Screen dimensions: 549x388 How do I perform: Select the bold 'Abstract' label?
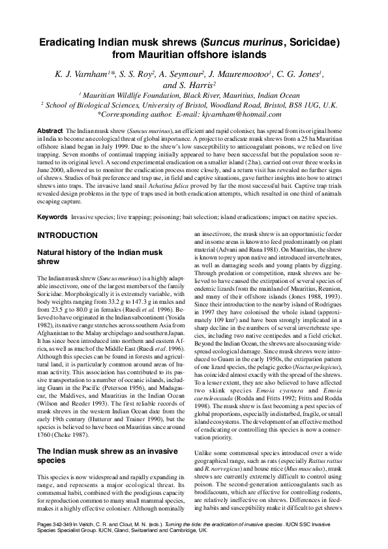tap(50, 131)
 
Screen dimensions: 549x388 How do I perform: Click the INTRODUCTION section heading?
tap(67, 235)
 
